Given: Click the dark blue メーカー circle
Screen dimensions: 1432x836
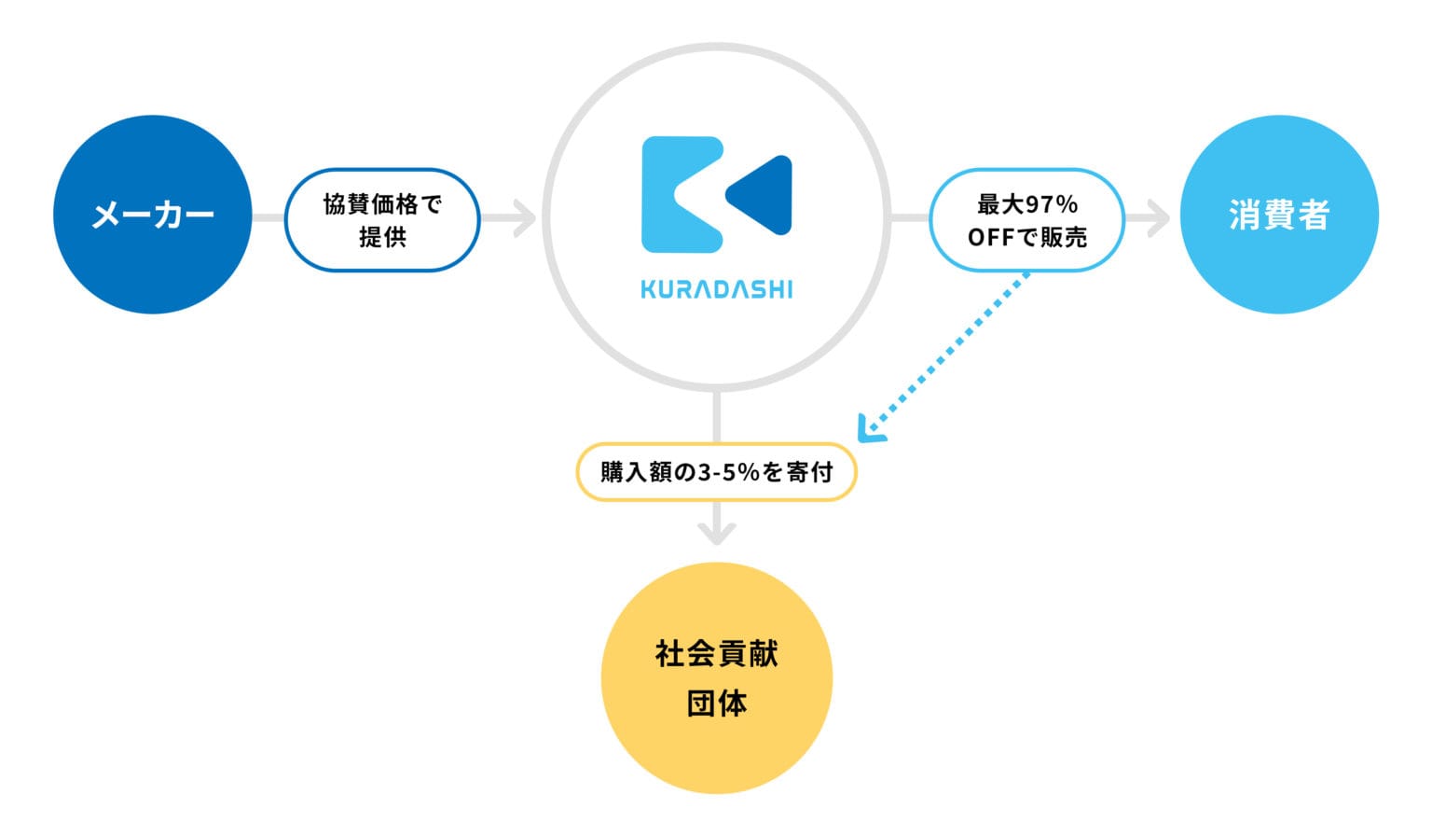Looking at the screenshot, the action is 152,215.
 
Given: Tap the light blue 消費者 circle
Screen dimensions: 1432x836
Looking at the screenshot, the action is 1279,215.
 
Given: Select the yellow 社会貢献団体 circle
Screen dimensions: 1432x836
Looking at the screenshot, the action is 717,678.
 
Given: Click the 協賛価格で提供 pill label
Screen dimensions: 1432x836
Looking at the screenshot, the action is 382,220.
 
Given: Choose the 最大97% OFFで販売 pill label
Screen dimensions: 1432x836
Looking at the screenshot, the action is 1026,220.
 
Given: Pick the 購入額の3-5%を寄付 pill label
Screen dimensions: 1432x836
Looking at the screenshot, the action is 717,472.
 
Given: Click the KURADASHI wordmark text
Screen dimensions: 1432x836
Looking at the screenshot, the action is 717,290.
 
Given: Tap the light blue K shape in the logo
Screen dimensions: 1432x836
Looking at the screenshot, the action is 682,194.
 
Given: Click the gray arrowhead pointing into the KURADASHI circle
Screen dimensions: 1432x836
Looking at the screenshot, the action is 526,218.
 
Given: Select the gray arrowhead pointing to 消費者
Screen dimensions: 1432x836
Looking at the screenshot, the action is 1160,218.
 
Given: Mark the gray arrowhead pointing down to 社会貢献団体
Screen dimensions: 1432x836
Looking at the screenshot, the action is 717,534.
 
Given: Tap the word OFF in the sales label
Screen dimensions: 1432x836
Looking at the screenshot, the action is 991,238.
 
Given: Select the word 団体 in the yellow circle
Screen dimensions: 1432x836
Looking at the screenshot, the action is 717,704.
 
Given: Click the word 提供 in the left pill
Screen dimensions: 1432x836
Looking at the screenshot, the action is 382,237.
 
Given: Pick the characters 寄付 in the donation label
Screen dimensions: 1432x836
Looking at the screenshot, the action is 810,473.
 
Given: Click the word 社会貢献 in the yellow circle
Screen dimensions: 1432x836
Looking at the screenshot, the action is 717,654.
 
